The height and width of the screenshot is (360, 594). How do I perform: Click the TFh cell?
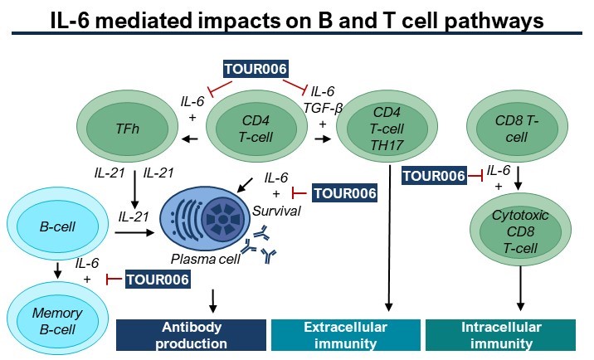point(128,125)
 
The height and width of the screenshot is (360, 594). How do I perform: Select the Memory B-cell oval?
point(57,320)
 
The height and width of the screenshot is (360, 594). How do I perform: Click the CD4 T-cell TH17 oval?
point(387,127)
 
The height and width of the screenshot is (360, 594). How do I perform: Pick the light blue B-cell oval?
point(57,226)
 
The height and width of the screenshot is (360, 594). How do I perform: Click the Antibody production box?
point(192,335)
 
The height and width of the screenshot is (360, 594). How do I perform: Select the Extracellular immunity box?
point(345,335)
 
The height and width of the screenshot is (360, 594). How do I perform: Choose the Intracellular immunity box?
point(501,335)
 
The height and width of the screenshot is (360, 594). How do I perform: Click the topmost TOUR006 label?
point(256,70)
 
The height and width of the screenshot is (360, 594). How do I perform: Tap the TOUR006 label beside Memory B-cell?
point(158,280)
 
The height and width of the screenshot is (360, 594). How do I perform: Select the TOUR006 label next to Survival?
point(345,193)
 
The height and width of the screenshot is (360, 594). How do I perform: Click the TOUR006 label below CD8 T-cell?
point(434,176)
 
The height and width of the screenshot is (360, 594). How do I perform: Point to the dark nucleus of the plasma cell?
point(222,219)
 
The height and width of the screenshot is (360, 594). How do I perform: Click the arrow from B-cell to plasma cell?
point(134,232)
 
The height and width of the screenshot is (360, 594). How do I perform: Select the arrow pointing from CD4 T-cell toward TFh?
point(190,139)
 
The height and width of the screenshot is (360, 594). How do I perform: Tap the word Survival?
point(276,211)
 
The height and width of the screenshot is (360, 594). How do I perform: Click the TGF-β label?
point(323,109)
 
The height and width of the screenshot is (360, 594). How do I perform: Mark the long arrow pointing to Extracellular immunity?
point(389,238)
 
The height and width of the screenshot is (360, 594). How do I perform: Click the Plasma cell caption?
point(206,259)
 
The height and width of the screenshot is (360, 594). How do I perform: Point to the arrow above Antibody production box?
point(213,301)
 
